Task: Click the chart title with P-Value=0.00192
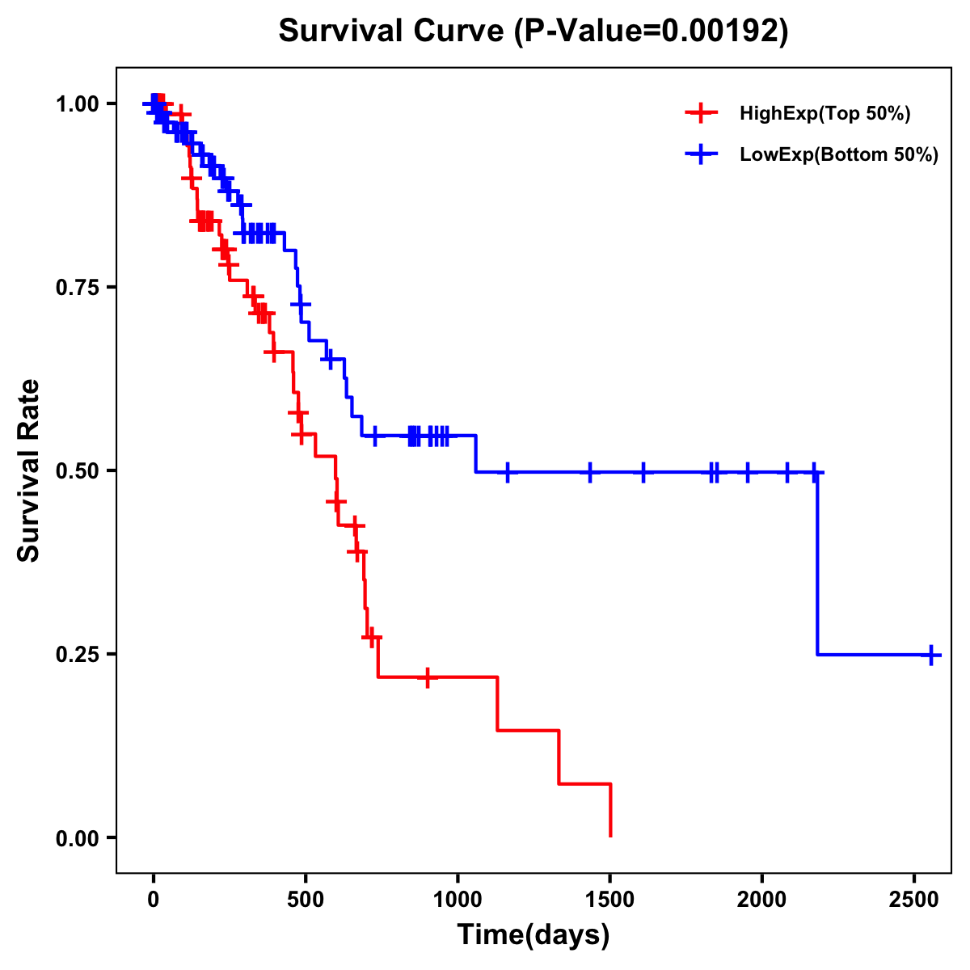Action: (533, 31)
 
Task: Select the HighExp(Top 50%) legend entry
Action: (824, 114)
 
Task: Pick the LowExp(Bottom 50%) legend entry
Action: (838, 154)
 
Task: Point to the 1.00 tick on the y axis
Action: (79, 103)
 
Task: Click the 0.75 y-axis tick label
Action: (79, 287)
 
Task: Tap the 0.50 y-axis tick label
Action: (79, 470)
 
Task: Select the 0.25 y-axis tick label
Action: (79, 654)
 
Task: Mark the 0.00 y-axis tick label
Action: (79, 837)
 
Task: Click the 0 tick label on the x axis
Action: (154, 896)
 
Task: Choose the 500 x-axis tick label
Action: (306, 896)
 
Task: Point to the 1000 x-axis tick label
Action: (458, 896)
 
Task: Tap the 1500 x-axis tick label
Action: (610, 896)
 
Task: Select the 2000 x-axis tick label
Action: (762, 896)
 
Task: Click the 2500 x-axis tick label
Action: (914, 896)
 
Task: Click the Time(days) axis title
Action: (533, 935)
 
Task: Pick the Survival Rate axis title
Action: (29, 470)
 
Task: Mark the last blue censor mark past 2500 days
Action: (931, 655)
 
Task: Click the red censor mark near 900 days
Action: (428, 677)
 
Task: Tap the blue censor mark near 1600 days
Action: (643, 471)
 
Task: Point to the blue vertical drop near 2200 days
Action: (817, 566)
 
